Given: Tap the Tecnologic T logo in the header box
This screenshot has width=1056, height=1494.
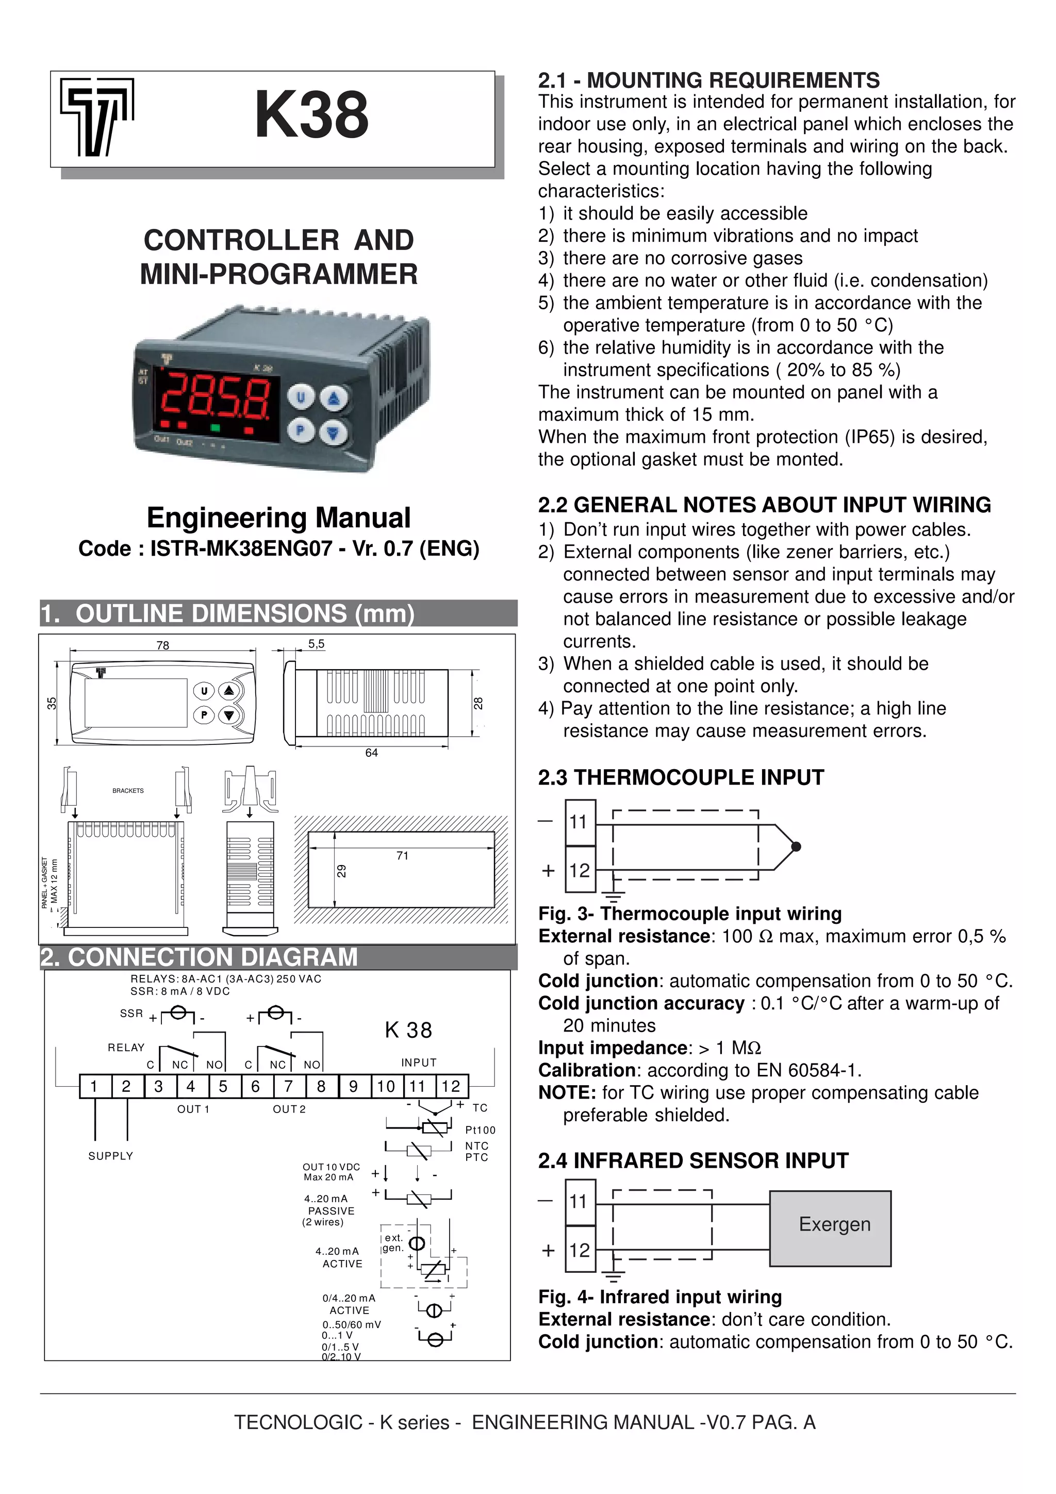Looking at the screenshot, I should pos(97,117).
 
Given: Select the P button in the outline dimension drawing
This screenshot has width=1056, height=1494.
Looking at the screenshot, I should pos(204,715).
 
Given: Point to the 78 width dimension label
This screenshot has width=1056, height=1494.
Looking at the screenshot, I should pos(162,645).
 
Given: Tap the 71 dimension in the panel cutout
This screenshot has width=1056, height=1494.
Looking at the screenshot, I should pos(402,856).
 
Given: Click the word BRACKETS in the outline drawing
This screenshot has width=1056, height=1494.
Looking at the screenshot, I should pos(128,791).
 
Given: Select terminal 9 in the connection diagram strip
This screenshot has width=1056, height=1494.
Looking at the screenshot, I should pos(353,1086).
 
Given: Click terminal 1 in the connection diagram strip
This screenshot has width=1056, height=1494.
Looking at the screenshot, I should pos(94,1086).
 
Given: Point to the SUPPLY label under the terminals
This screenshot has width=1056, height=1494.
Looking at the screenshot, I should pos(111,1156).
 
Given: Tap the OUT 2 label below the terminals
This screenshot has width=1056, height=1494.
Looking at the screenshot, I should pos(289,1109).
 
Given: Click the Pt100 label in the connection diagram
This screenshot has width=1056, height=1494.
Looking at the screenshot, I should pos(480,1130).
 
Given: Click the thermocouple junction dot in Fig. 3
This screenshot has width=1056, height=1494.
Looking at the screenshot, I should pos(796,846).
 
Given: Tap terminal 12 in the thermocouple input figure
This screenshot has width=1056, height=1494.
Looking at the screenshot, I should pos(580,870).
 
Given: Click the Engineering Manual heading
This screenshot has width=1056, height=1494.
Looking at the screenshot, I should pos(278,518).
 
